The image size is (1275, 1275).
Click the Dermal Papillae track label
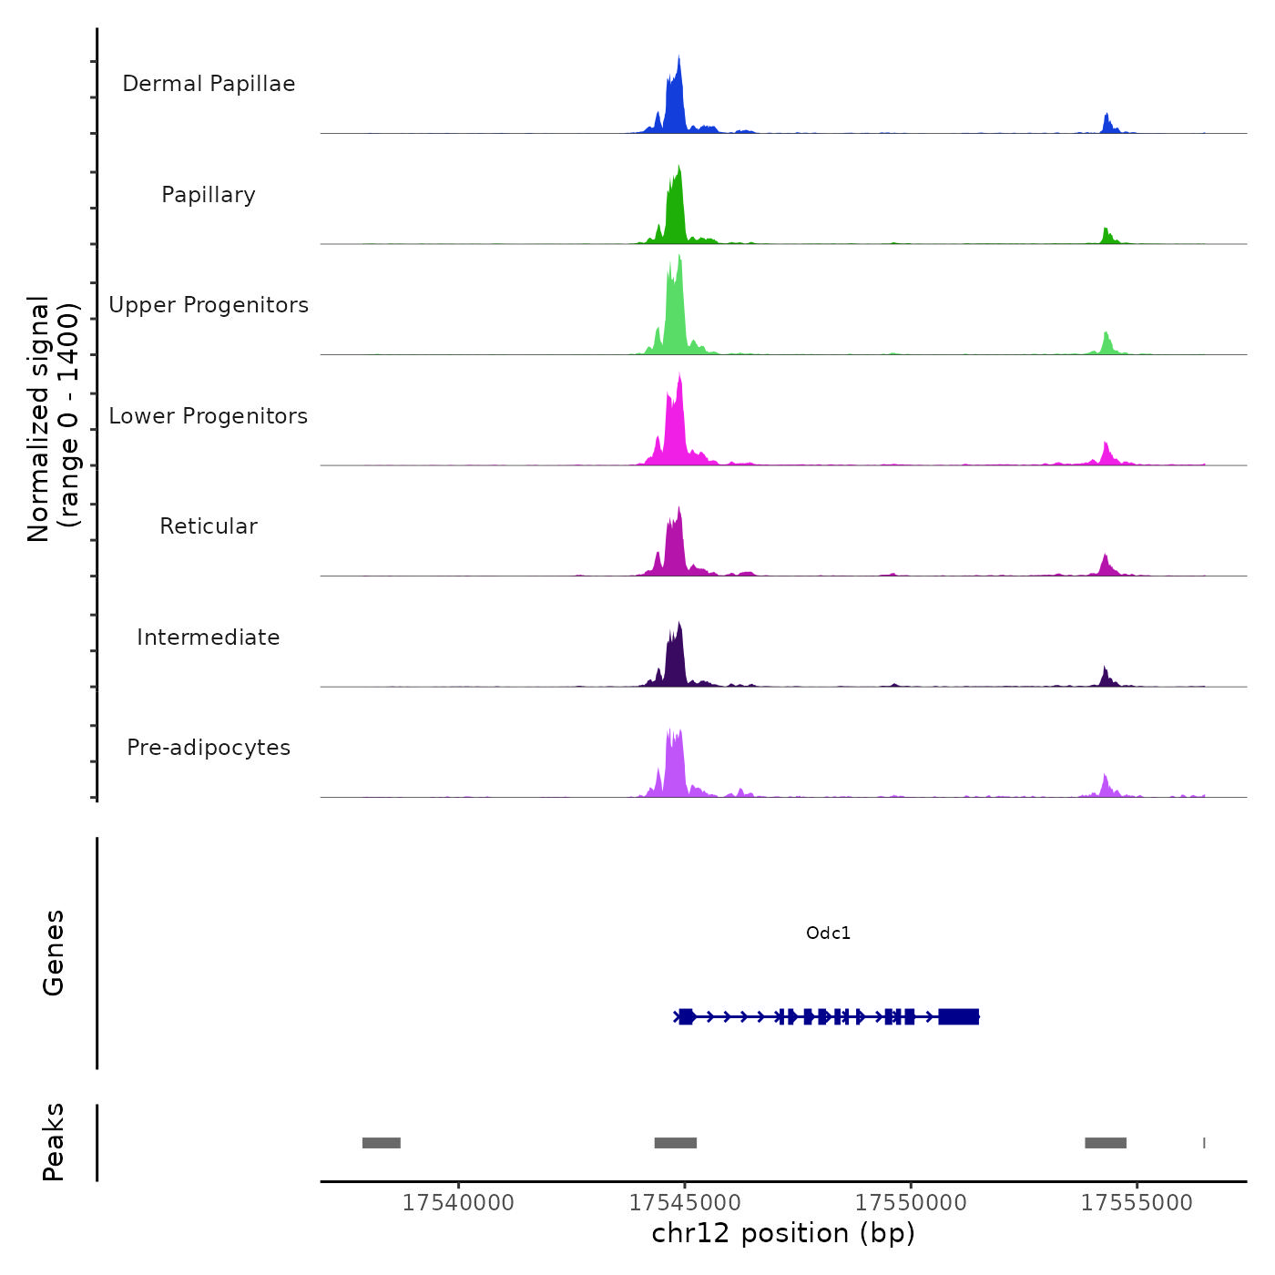point(209,84)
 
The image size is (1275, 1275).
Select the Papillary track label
point(209,195)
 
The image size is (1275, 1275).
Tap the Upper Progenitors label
point(209,305)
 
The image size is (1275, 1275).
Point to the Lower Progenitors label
point(209,416)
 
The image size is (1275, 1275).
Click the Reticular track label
point(209,526)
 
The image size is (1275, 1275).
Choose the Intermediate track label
point(209,637)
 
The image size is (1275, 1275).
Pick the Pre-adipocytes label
point(209,748)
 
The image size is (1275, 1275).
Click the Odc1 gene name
point(828,933)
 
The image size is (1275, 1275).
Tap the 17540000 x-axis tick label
point(458,1203)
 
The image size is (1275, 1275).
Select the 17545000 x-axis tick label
point(685,1203)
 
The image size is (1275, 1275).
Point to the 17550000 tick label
point(911,1203)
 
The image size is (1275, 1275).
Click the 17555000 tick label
point(1137,1203)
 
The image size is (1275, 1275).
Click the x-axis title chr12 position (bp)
point(783,1233)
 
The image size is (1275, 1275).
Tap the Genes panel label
point(53,953)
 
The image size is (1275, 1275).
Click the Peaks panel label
point(53,1142)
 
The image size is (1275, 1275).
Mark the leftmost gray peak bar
point(382,1143)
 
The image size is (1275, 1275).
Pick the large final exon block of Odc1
point(959,1016)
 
